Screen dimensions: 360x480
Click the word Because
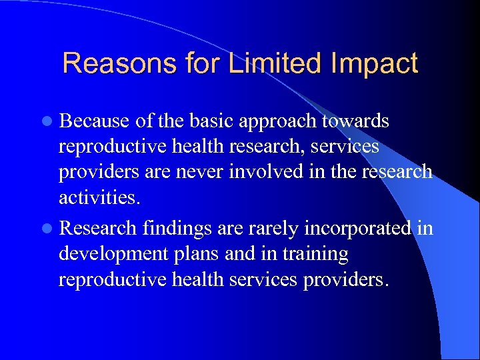coord(93,121)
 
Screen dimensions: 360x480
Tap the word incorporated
coord(359,229)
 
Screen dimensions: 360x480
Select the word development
coord(108,255)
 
